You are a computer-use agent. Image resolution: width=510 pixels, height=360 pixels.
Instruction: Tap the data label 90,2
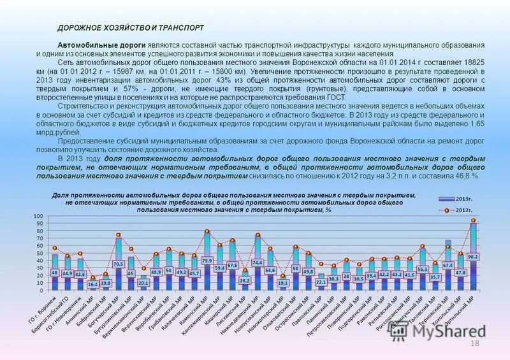[474, 256]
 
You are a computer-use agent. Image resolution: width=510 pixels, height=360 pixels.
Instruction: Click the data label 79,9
[207, 261]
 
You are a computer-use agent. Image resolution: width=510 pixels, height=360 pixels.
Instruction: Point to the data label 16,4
[92, 284]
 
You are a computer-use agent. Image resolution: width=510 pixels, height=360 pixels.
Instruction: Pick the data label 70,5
[118, 263]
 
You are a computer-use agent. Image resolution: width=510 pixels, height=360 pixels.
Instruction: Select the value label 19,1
[282, 282]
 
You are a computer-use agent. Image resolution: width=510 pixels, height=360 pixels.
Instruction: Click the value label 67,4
[448, 265]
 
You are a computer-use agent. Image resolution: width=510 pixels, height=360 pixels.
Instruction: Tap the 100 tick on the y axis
[38, 217]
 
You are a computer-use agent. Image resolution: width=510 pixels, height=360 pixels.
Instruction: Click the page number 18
[473, 344]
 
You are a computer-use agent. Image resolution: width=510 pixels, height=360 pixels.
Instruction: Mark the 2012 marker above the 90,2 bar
[473, 220]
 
